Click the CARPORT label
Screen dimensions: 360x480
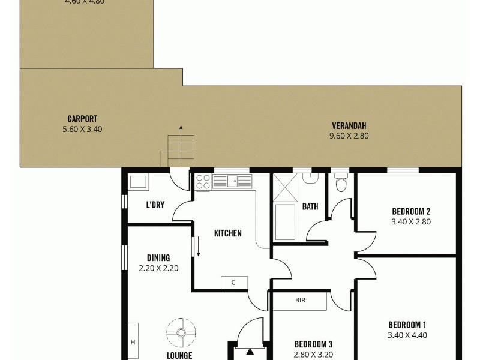[83, 119]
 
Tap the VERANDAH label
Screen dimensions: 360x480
[349, 126]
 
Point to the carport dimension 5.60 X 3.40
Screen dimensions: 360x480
[83, 128]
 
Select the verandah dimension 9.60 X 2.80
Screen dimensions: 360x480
[349, 136]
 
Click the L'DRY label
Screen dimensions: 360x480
[155, 205]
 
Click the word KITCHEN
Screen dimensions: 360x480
[228, 233]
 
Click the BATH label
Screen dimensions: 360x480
[310, 207]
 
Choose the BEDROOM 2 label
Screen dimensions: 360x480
[411, 211]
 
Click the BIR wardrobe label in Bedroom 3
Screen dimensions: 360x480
[300, 300]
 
